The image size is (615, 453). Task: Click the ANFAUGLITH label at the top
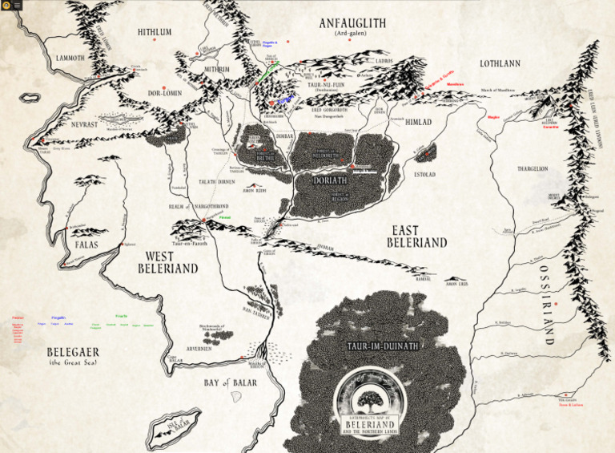point(352,24)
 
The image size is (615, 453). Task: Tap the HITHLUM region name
point(155,32)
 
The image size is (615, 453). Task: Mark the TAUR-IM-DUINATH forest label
point(373,346)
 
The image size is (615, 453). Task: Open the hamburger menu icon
point(17,5)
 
